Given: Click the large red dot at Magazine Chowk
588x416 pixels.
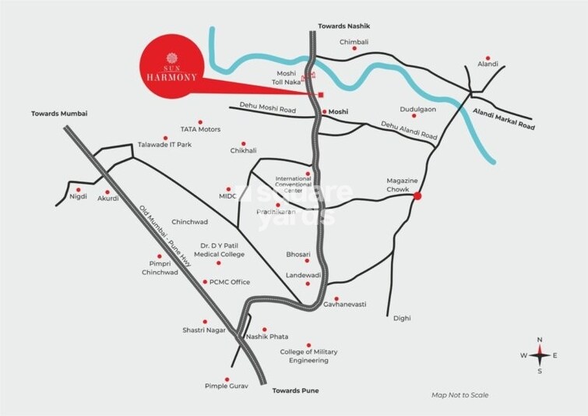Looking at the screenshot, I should (x=417, y=196).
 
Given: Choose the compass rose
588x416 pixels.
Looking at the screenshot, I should (x=539, y=354).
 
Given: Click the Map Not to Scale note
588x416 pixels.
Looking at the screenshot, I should (x=460, y=395).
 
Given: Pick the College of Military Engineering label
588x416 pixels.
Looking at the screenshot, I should (x=309, y=357).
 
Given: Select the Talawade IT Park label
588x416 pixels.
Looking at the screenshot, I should (x=164, y=145).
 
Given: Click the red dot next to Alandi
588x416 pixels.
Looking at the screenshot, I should (x=488, y=58).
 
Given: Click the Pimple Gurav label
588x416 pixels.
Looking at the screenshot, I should (x=225, y=386).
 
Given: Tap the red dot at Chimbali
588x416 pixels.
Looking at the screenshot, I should (x=355, y=48).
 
